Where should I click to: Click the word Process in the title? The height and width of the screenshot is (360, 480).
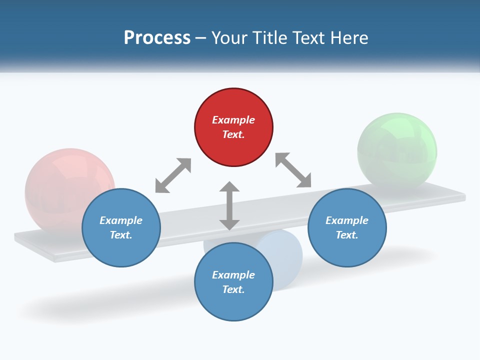pyautogui.click(x=157, y=38)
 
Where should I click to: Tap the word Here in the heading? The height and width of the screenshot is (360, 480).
pyautogui.click(x=348, y=38)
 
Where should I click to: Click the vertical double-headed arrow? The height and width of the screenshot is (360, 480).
pyautogui.click(x=229, y=205)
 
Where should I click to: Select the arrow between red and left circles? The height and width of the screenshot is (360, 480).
pyautogui.click(x=173, y=175)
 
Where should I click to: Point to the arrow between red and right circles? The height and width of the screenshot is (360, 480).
pyautogui.click(x=293, y=170)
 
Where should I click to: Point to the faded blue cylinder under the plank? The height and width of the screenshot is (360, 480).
pyautogui.click(x=287, y=255)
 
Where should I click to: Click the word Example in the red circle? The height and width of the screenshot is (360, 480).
pyautogui.click(x=233, y=120)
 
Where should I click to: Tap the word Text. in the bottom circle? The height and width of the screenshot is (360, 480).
pyautogui.click(x=233, y=289)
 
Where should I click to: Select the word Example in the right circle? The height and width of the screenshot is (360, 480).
pyautogui.click(x=347, y=220)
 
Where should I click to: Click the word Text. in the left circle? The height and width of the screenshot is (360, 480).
pyautogui.click(x=121, y=235)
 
